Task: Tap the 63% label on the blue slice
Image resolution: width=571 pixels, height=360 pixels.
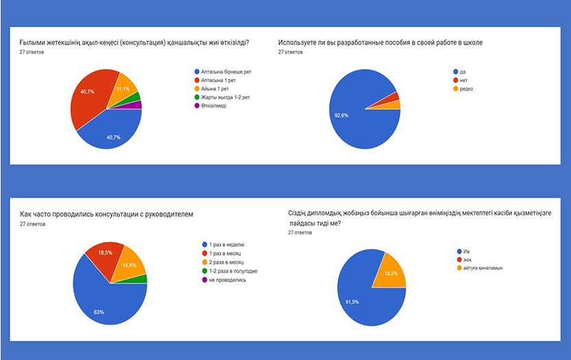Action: click(99, 312)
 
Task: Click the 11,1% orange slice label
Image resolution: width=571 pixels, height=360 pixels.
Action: click(123, 89)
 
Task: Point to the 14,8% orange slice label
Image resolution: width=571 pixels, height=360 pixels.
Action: click(129, 265)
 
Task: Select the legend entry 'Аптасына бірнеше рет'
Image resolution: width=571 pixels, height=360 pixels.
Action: click(223, 71)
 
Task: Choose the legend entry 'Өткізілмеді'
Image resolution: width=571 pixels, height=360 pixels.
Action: click(214, 106)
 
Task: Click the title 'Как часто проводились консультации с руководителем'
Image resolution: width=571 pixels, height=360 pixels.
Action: click(106, 215)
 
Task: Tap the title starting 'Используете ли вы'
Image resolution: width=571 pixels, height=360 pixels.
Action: click(380, 43)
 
